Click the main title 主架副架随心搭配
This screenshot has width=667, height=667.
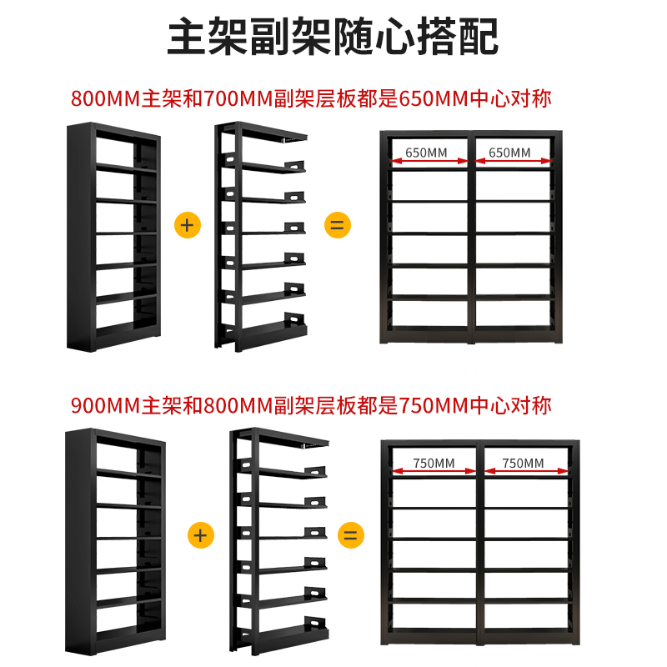pyautogui.click(x=333, y=38)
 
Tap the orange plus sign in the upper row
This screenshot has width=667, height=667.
pyautogui.click(x=188, y=225)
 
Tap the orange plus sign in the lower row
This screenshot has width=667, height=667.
pyautogui.click(x=199, y=534)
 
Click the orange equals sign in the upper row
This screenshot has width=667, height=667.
pyautogui.click(x=338, y=225)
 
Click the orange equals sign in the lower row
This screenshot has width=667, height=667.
pyautogui.click(x=351, y=534)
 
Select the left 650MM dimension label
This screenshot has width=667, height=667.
pyautogui.click(x=426, y=153)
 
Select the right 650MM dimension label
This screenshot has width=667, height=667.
pyautogui.click(x=509, y=153)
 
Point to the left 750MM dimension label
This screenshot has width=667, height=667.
pyautogui.click(x=434, y=463)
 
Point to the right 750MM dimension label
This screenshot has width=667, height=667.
pyautogui.click(x=523, y=463)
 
